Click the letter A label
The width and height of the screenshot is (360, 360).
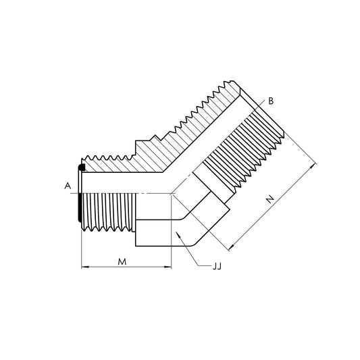coord(68,186)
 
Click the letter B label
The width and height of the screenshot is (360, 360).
coord(271,101)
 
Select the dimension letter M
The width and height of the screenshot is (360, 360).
coord(122,261)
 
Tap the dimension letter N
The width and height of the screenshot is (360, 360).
coord(270,199)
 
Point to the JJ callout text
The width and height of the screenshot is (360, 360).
coord(217,266)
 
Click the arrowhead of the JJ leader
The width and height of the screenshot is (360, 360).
coord(178,234)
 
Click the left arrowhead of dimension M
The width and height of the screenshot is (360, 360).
coord(85,267)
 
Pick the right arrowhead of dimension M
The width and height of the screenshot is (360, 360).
coord(168,267)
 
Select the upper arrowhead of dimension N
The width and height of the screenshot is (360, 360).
coord(313,167)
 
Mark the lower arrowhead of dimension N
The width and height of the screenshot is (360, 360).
coord(232,247)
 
